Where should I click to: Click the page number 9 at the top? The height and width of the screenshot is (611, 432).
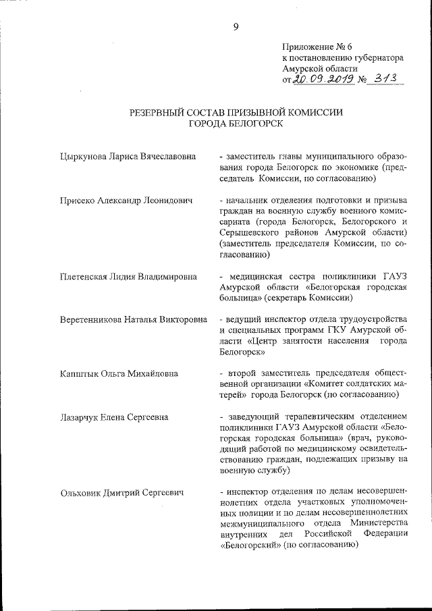236,26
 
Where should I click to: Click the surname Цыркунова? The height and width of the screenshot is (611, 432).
84,157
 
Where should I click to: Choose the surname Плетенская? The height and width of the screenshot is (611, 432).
86,277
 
